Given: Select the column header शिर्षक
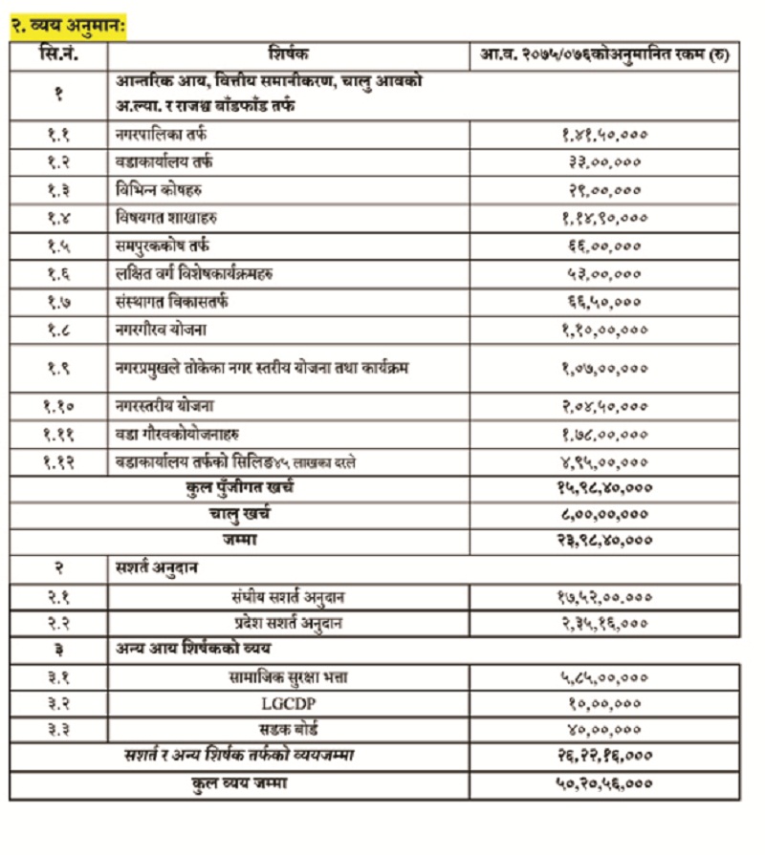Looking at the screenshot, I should [x=288, y=55].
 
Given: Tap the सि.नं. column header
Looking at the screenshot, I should [x=58, y=55].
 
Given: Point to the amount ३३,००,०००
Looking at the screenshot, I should [x=604, y=162].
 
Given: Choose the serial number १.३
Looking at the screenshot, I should [x=58, y=190].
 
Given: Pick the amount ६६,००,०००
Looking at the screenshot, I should [x=604, y=246].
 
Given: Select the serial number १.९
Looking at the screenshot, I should [x=58, y=368].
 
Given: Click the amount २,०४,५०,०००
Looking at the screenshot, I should [x=604, y=405].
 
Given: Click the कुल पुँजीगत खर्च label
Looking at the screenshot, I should [x=240, y=488].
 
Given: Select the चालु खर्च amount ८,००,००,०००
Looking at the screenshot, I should [x=604, y=515].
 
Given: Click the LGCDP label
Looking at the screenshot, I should [x=288, y=704].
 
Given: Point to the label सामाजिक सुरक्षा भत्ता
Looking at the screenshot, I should [x=288, y=677].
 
